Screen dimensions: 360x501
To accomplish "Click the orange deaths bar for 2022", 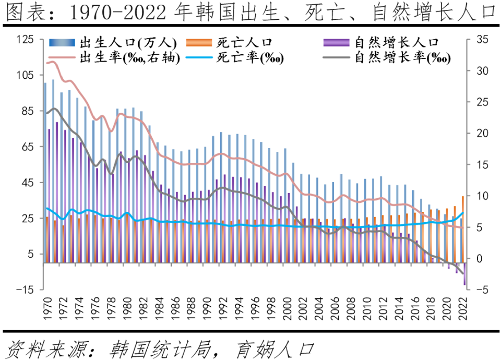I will [x=462, y=230].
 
